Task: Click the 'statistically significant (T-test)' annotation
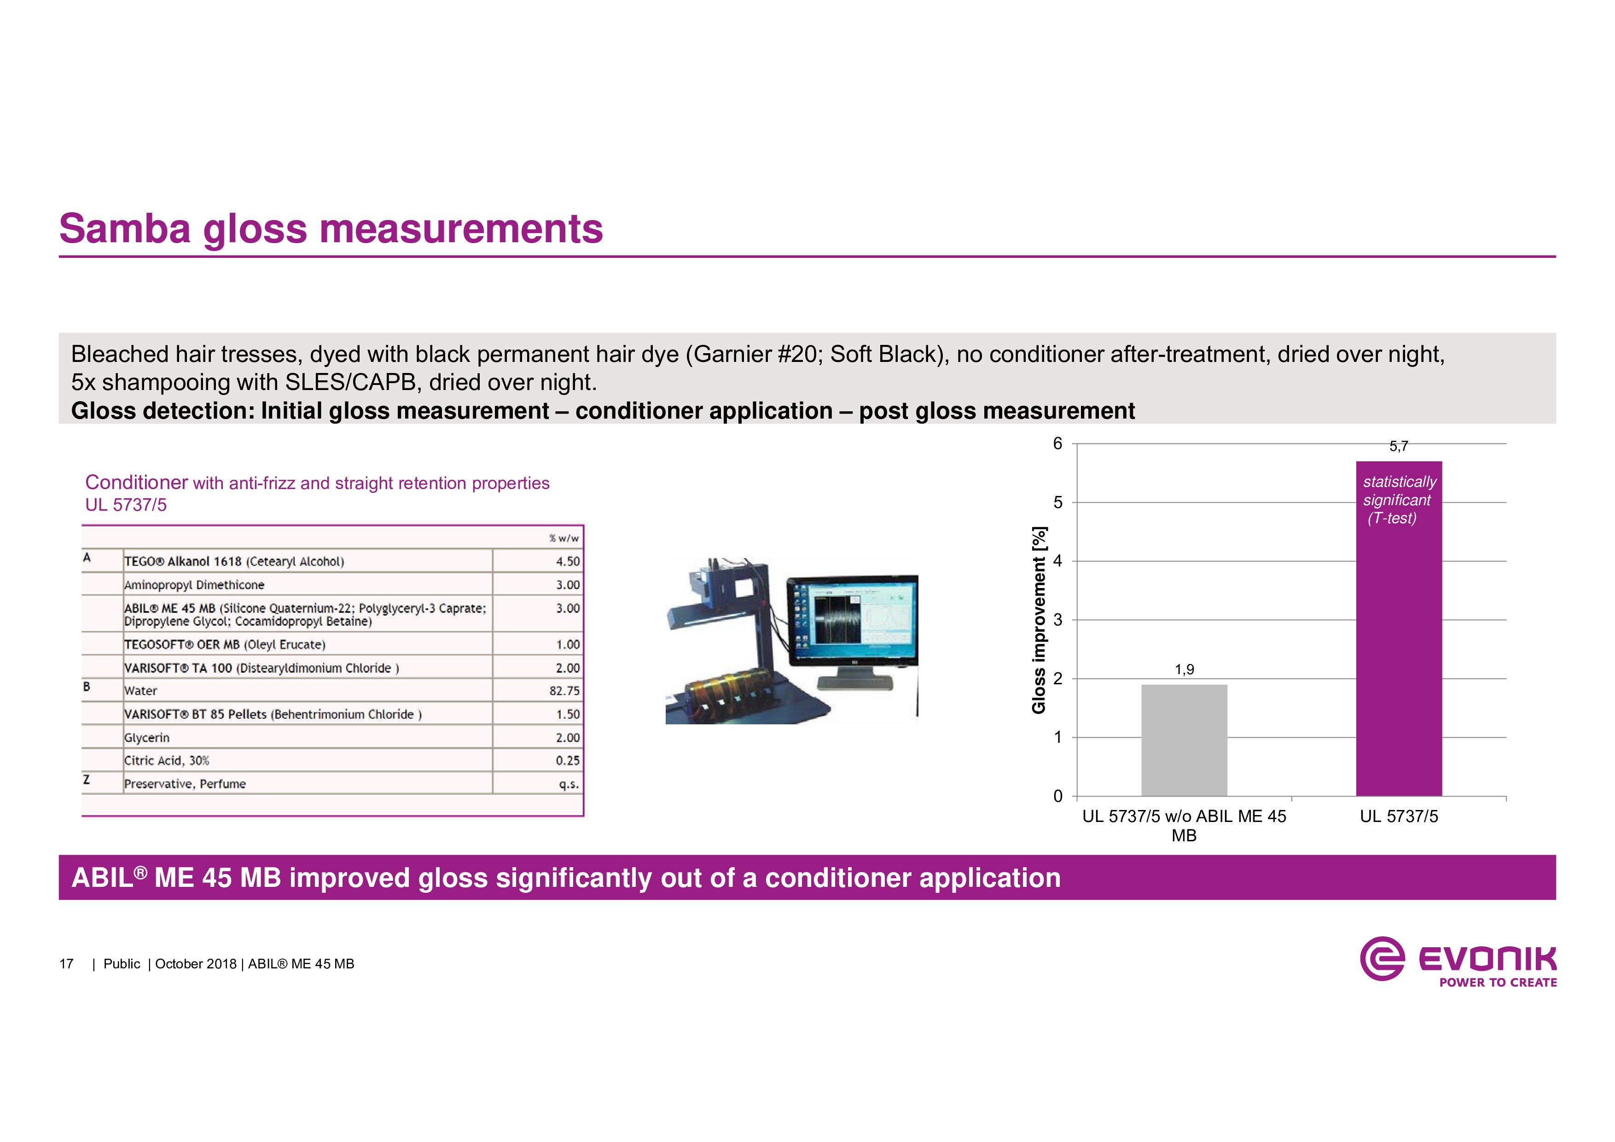click(1399, 500)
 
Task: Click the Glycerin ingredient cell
click(147, 737)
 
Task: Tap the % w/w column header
click(564, 538)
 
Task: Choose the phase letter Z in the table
click(87, 779)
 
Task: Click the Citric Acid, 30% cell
click(167, 761)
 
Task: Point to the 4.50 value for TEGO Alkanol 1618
click(568, 561)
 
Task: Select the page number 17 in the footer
click(66, 964)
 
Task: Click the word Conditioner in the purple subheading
click(136, 482)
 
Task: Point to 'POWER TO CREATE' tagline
click(1498, 982)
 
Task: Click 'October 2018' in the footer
click(196, 964)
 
